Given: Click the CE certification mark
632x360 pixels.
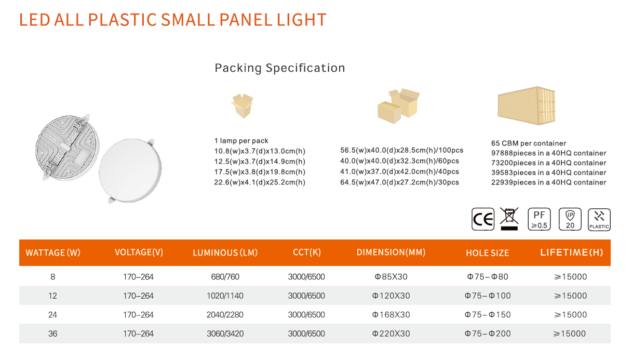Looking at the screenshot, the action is pyautogui.click(x=483, y=219).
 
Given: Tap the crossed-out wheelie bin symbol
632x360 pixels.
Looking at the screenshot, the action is pyautogui.click(x=509, y=219).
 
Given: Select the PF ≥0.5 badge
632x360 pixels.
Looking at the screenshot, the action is pyautogui.click(x=539, y=219).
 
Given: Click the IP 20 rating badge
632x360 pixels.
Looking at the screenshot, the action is pyautogui.click(x=570, y=219).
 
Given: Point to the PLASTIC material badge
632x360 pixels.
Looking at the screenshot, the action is pyautogui.click(x=599, y=220).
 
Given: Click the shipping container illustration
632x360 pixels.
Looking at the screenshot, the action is pyautogui.click(x=527, y=105).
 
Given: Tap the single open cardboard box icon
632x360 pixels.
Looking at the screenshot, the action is pyautogui.click(x=242, y=106).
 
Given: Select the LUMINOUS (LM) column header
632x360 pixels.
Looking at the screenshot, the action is pyautogui.click(x=225, y=252).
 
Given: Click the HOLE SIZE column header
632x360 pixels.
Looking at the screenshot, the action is pyautogui.click(x=487, y=253).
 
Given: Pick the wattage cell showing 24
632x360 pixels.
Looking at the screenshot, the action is pyautogui.click(x=52, y=315).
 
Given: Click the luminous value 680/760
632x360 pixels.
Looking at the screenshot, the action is pyautogui.click(x=225, y=277).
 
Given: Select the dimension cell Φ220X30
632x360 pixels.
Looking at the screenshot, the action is pyautogui.click(x=391, y=334).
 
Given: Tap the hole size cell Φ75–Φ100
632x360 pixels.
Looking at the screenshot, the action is pyautogui.click(x=487, y=296).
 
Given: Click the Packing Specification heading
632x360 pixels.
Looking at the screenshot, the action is pyautogui.click(x=280, y=68).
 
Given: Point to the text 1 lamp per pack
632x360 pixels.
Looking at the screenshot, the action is pyautogui.click(x=241, y=140).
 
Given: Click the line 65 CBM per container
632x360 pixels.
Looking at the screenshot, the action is pyautogui.click(x=529, y=143).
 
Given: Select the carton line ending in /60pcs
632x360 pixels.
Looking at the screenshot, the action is pyautogui.click(x=399, y=161).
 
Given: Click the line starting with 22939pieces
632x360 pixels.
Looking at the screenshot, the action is pyautogui.click(x=548, y=182).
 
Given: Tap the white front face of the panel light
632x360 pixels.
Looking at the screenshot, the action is pyautogui.click(x=130, y=170).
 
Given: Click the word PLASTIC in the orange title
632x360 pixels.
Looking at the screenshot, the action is pyautogui.click(x=123, y=20).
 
